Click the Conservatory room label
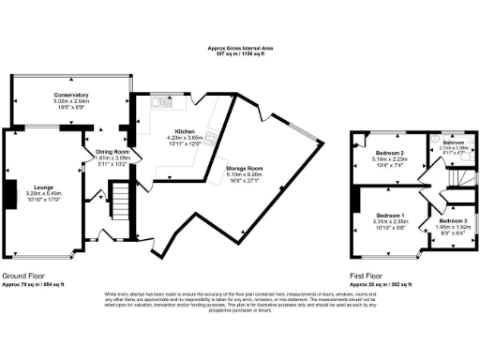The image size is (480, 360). [71, 95]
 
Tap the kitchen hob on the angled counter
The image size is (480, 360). [212, 140]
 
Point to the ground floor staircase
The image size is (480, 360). [119, 199]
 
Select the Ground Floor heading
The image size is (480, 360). [27, 277]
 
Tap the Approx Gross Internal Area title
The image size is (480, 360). [240, 48]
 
